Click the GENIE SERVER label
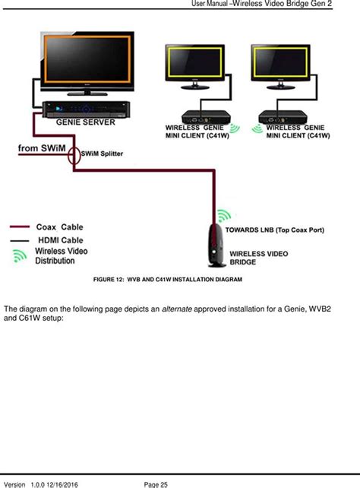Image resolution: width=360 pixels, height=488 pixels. [86, 122]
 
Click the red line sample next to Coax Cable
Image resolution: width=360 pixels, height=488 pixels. [21, 226]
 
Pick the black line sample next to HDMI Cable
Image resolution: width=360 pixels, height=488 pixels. [21, 240]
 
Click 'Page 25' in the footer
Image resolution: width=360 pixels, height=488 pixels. [156, 483]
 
